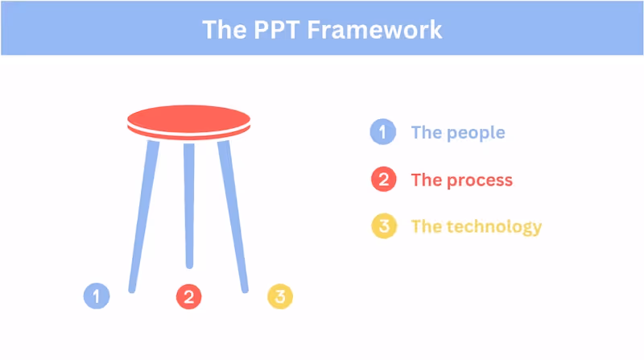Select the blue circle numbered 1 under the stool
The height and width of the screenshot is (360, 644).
pyautogui.click(x=97, y=296)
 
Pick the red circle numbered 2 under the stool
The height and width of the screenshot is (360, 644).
pyautogui.click(x=188, y=296)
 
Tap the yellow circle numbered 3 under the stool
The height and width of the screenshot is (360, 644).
pyautogui.click(x=280, y=296)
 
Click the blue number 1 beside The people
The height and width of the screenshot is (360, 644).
pyautogui.click(x=383, y=132)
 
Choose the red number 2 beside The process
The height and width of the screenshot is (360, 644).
pyautogui.click(x=383, y=180)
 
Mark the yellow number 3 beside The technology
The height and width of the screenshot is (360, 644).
pyautogui.click(x=383, y=227)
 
